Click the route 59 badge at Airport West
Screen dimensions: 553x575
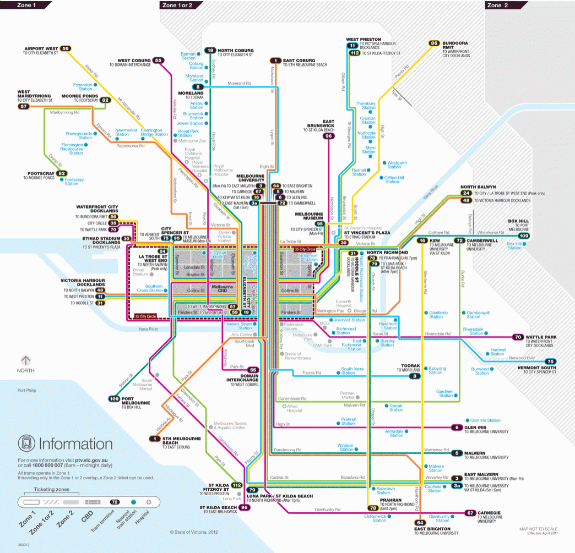click(x=66, y=48)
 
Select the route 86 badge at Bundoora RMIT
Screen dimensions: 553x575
click(x=434, y=43)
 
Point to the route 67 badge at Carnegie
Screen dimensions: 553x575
click(x=470, y=513)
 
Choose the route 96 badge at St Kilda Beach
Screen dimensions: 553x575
click(x=245, y=507)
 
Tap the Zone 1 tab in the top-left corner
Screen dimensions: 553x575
click(x=26, y=5)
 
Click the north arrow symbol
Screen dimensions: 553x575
click(x=25, y=360)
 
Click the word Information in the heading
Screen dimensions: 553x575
click(x=75, y=444)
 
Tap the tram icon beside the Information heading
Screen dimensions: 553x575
click(x=26, y=443)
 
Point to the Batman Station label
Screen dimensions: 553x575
click(x=188, y=56)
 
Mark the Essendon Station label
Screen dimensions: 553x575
click(x=83, y=86)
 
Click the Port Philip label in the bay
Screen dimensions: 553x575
click(x=28, y=391)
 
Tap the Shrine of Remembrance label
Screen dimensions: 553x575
click(x=298, y=356)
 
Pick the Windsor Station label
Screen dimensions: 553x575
click(x=345, y=447)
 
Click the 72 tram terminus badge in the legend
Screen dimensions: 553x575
click(x=115, y=502)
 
